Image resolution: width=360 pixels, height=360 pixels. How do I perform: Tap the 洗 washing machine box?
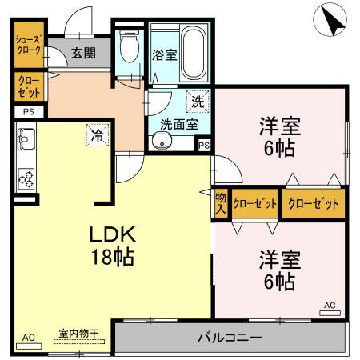tap(196, 102)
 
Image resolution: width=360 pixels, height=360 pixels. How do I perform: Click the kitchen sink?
tap(24, 145)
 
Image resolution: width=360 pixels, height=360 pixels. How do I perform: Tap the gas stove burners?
tap(25, 176)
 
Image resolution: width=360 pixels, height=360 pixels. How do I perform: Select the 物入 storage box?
tap(221, 203)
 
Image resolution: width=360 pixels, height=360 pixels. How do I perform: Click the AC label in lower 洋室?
tap(330, 305)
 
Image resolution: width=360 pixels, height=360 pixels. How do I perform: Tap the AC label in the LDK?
tap(30, 336)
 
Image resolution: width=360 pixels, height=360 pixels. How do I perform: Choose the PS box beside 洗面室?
tap(204, 146)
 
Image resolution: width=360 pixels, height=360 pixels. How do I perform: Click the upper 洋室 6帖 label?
tap(278, 135)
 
